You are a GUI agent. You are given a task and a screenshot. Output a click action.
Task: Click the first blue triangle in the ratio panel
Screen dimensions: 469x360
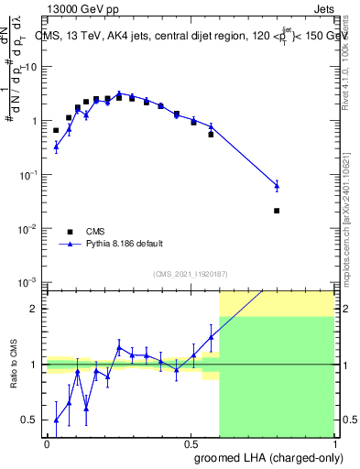(x=56, y=421)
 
